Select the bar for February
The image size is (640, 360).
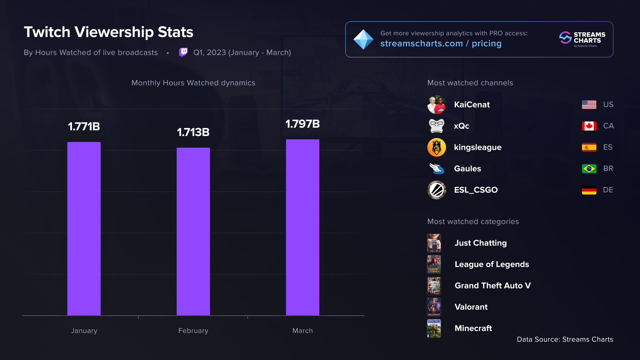pyautogui.click(x=193, y=231)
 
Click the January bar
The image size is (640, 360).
pyautogui.click(x=84, y=229)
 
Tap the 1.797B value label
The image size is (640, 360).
pyautogui.click(x=302, y=124)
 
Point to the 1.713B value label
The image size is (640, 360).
pyautogui.click(x=193, y=132)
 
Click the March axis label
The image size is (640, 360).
pyautogui.click(x=302, y=331)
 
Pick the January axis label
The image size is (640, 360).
pyautogui.click(x=84, y=331)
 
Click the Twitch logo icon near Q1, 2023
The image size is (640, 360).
pyautogui.click(x=183, y=52)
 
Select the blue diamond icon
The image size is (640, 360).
pyautogui.click(x=363, y=40)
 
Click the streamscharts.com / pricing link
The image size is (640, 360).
pyautogui.click(x=441, y=44)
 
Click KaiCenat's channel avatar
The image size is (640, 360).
pyautogui.click(x=436, y=105)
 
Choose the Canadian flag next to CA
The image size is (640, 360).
pyautogui.click(x=589, y=126)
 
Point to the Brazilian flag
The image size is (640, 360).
pyautogui.click(x=589, y=169)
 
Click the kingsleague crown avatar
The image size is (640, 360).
pyautogui.click(x=436, y=147)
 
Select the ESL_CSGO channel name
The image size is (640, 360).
pyautogui.click(x=476, y=190)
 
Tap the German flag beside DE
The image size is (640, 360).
pyautogui.click(x=589, y=190)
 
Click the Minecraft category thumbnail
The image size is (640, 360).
pyautogui.click(x=434, y=328)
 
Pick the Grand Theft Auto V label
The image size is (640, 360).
pyautogui.click(x=492, y=286)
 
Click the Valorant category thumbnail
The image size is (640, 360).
pyautogui.click(x=434, y=307)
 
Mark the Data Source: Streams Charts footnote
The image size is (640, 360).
pyautogui.click(x=565, y=339)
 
